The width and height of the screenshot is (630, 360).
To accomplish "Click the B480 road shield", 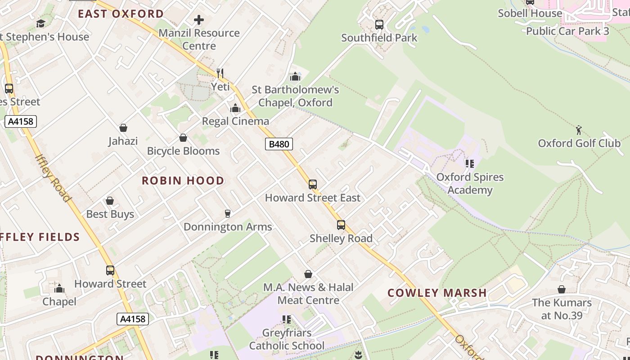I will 279,144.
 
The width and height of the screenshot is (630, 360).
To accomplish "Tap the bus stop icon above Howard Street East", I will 312,184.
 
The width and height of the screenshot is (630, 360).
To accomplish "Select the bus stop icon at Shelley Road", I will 341,225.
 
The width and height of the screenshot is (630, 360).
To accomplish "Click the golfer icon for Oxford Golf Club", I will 579,130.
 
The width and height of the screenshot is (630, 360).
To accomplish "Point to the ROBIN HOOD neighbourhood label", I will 183,181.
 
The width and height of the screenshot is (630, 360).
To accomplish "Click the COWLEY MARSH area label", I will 437,293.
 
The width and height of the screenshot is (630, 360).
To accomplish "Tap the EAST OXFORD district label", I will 121,14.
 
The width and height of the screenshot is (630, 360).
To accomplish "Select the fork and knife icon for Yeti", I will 220,73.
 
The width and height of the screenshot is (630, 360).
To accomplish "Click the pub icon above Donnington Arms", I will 228,213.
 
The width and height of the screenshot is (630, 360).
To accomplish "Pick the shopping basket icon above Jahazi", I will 123,128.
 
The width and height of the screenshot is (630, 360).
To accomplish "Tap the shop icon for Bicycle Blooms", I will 183,137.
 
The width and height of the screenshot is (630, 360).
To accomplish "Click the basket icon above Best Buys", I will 110,201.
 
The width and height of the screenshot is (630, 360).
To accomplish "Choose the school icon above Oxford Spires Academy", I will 470,164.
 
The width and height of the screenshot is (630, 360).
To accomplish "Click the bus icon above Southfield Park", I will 379,24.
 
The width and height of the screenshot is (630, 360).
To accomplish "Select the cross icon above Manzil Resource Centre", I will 199,20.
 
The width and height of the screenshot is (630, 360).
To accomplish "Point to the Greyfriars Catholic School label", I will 287,339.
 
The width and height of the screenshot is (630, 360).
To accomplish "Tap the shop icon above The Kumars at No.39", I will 562,289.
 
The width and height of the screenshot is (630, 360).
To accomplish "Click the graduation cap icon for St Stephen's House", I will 41,23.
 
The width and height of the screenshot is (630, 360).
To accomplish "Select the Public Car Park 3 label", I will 567,31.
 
